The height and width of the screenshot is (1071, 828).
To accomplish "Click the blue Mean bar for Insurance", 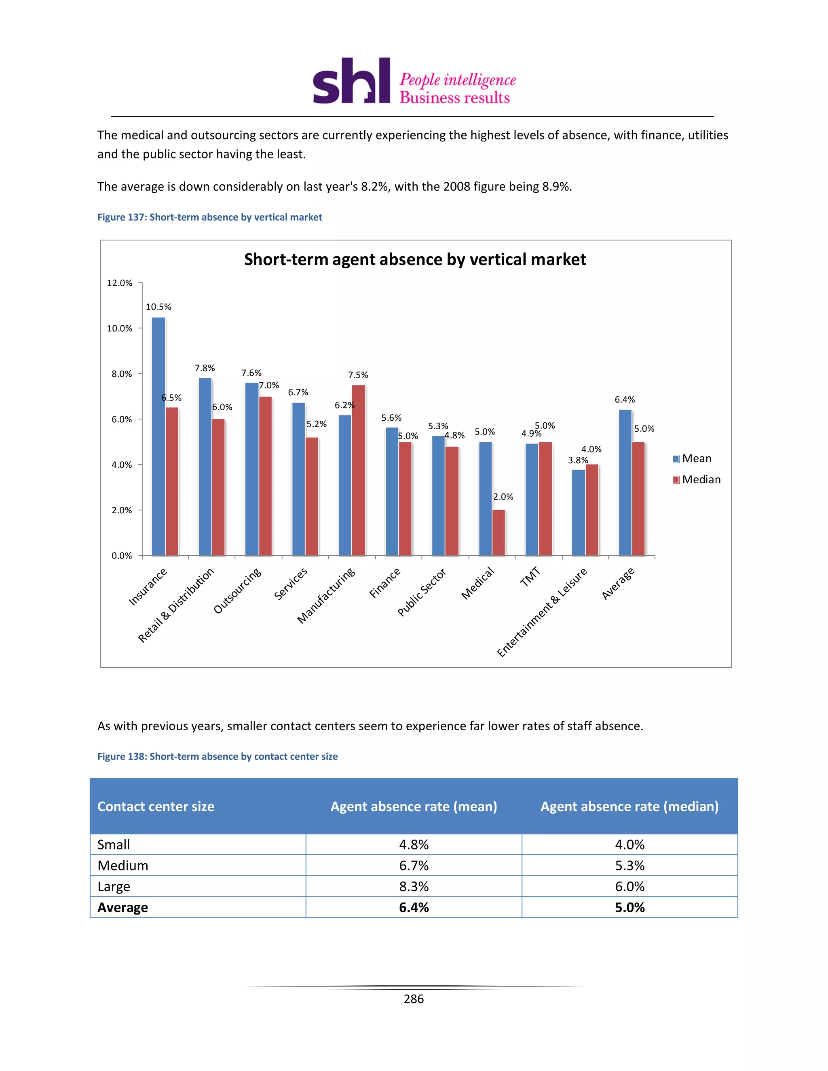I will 158,436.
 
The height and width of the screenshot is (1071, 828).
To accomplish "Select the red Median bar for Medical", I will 498,533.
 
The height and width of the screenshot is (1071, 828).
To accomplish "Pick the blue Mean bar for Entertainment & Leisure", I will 578,512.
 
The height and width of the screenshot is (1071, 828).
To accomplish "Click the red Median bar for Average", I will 638,498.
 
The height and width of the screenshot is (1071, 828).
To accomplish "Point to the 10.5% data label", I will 158,307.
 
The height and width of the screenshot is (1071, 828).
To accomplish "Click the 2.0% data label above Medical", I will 503,497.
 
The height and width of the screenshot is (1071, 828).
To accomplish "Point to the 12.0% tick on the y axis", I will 120,283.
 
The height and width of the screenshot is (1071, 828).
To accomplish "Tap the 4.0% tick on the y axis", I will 121,465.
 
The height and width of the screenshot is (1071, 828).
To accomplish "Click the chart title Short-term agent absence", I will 415,259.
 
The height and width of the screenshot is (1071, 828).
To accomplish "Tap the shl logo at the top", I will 352,81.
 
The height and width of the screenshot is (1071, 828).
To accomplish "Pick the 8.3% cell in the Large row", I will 414,887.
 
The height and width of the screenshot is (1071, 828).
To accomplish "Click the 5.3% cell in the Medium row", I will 629,866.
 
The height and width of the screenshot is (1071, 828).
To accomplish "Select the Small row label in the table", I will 114,844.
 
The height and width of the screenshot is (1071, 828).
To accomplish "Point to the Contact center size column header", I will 156,806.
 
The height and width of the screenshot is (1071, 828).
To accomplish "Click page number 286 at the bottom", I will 414,999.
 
